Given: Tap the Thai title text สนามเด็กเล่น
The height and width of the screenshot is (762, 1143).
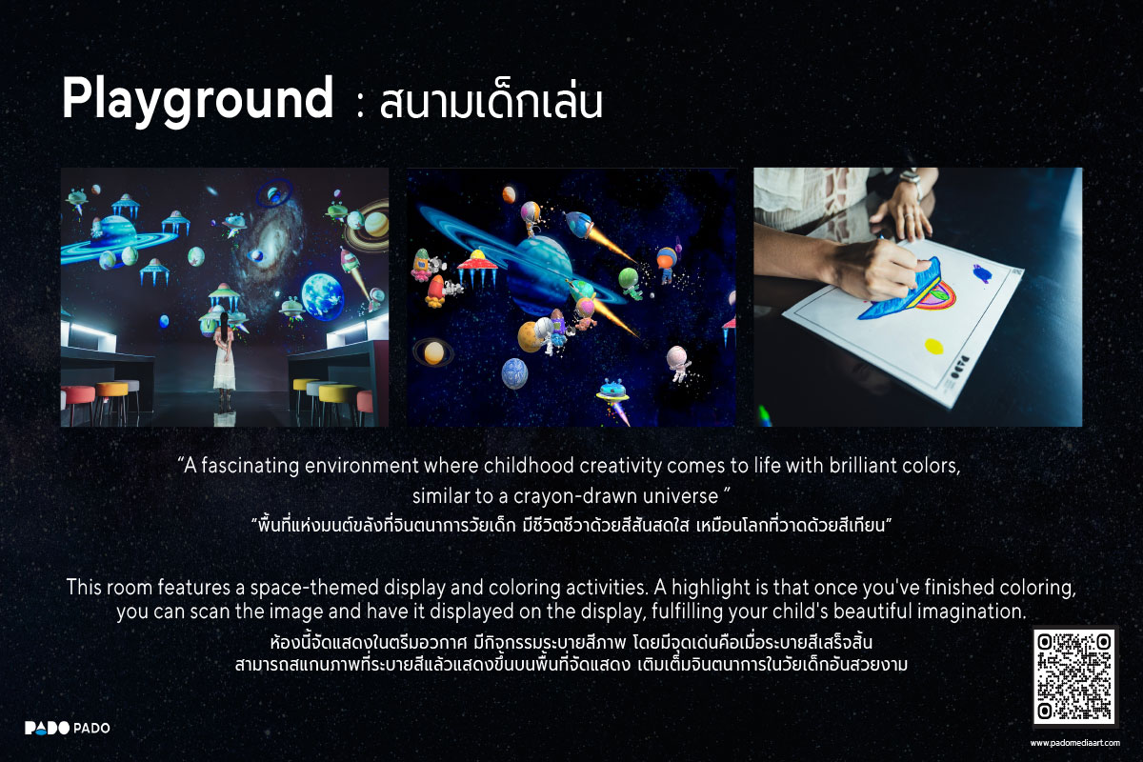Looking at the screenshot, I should pos(491,103).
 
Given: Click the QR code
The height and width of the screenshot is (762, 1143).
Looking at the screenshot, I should pos(1074,677).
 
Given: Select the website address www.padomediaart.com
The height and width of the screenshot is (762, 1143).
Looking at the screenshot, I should pos(1074,742).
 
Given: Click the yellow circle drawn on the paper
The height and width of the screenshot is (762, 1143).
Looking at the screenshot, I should pos(933,346).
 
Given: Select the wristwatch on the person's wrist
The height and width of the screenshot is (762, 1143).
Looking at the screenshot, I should pos(911,179).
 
